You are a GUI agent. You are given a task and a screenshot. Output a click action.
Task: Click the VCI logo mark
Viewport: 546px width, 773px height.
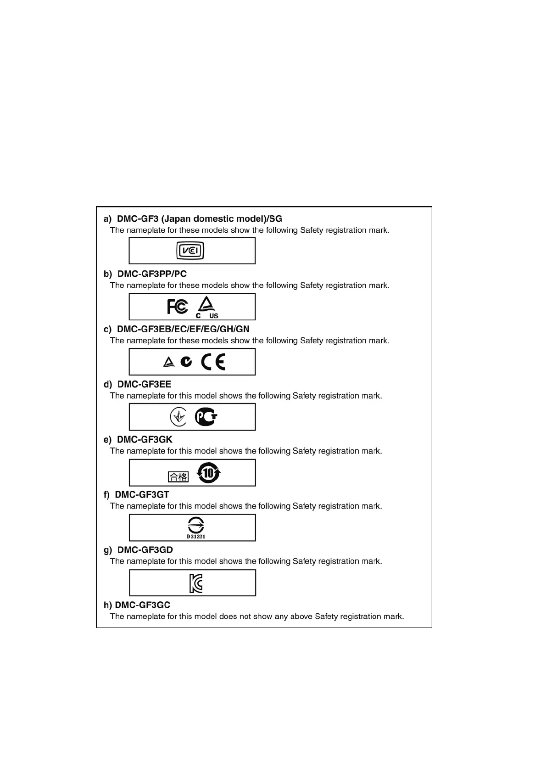190,251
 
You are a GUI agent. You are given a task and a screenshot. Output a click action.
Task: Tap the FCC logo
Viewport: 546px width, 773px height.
178,306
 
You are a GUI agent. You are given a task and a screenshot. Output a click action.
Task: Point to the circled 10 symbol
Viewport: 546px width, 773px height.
209,473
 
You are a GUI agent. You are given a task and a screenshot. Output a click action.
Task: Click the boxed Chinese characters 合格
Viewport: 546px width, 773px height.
178,476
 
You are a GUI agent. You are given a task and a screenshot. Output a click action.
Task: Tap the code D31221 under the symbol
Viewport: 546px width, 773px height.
196,537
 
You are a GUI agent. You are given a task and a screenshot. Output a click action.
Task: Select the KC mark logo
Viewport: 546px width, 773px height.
196,583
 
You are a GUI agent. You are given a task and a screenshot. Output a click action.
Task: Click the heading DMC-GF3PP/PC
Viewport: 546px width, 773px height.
152,274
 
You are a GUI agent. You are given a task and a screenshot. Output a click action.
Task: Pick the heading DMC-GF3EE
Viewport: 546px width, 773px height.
144,384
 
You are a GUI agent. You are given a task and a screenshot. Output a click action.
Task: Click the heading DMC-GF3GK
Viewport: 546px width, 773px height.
145,440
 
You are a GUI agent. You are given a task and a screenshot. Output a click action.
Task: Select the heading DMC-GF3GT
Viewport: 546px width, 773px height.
142,495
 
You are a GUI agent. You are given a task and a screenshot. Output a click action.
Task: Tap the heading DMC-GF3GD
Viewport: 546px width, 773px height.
145,550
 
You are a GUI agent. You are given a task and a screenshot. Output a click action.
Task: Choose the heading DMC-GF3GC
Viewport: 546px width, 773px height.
142,605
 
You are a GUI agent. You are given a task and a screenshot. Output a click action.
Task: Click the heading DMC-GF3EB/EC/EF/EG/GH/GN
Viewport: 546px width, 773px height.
183,329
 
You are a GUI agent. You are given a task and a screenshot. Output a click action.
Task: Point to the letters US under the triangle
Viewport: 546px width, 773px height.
214,316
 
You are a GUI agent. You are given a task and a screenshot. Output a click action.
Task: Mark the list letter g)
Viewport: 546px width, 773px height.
108,550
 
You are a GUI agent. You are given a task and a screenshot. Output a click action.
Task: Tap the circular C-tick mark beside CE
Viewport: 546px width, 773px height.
186,362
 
